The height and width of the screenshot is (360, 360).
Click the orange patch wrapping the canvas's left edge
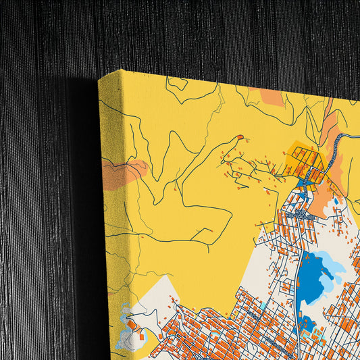point(126,171)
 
